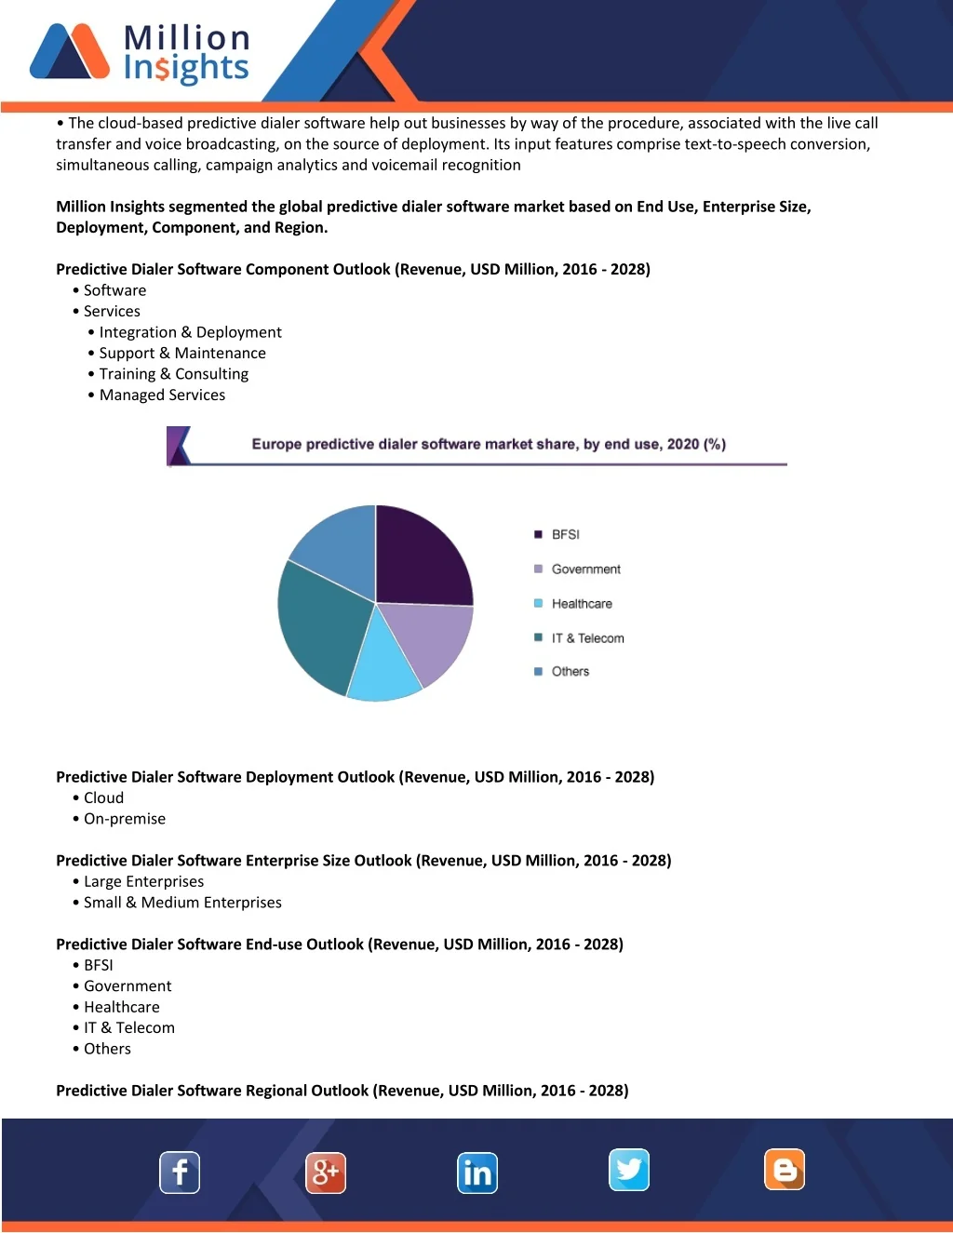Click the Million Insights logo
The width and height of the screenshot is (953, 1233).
click(x=140, y=52)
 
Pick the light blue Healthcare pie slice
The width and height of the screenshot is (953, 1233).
click(x=383, y=665)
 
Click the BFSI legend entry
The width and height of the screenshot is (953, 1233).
click(x=565, y=534)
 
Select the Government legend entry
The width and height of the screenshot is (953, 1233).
click(x=585, y=569)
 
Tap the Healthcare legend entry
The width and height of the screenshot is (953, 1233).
click(x=582, y=603)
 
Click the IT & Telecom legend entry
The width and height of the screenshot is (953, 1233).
click(x=587, y=637)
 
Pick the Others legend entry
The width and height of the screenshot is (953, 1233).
click(x=570, y=671)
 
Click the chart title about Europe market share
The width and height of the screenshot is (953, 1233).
click(x=489, y=444)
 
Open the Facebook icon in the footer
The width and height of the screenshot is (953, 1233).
click(x=180, y=1173)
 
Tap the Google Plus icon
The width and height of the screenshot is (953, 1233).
click(x=326, y=1173)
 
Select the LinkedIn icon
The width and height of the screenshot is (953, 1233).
click(x=477, y=1173)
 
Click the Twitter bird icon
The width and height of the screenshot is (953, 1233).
click(x=629, y=1170)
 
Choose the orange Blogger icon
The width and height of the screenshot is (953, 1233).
click(x=785, y=1170)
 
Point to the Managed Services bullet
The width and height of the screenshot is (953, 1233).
click(x=162, y=395)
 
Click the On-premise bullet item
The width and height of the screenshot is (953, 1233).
click(x=125, y=819)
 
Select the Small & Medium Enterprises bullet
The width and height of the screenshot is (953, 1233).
click(x=182, y=903)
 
